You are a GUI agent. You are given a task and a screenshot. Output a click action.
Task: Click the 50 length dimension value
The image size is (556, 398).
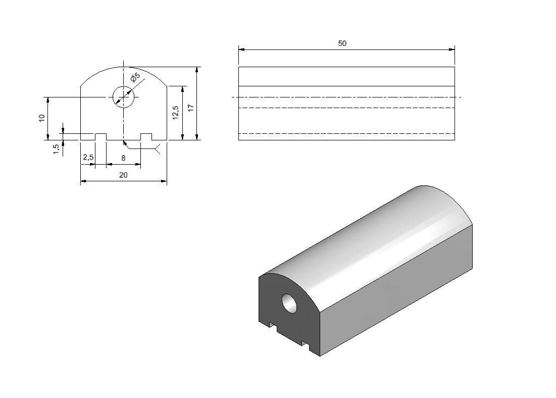click(x=342, y=43)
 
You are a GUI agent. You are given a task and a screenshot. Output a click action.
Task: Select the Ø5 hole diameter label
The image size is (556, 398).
click(x=135, y=77)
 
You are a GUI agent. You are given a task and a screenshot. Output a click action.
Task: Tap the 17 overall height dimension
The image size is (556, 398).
click(x=191, y=108)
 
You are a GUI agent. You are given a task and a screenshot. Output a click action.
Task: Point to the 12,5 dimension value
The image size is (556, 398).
click(x=176, y=113)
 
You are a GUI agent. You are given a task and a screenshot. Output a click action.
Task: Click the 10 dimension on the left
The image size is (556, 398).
click(x=42, y=118)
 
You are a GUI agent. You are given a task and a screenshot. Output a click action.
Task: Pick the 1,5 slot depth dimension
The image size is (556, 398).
click(x=57, y=148)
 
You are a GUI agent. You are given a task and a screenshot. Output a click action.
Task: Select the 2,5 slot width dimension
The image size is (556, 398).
click(x=88, y=157)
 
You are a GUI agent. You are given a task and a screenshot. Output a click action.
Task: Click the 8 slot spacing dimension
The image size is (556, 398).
click(x=123, y=158)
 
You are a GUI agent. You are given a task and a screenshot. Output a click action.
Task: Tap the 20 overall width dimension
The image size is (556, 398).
click(x=123, y=175)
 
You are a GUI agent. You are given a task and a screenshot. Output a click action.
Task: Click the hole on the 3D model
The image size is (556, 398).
click(x=290, y=303)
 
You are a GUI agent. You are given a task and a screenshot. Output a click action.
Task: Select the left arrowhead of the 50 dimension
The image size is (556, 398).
click(x=241, y=49)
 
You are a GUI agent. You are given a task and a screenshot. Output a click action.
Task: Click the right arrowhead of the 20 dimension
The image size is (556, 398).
click(x=164, y=181)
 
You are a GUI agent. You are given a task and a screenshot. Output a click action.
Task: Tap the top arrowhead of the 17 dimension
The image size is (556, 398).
click(x=197, y=70)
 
